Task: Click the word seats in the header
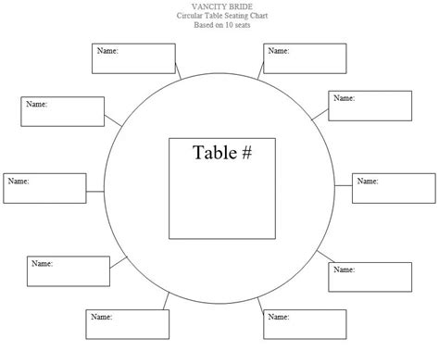tap(243, 25)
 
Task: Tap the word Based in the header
tap(204, 25)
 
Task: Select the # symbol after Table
tap(246, 153)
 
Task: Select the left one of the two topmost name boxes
tap(133, 57)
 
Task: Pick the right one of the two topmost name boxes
tap(305, 57)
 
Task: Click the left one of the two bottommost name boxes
tap(127, 325)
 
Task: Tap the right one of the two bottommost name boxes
tap(303, 325)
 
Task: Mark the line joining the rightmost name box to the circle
tap(343, 190)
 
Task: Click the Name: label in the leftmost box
tap(19, 182)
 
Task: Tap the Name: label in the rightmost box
tap(368, 182)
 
